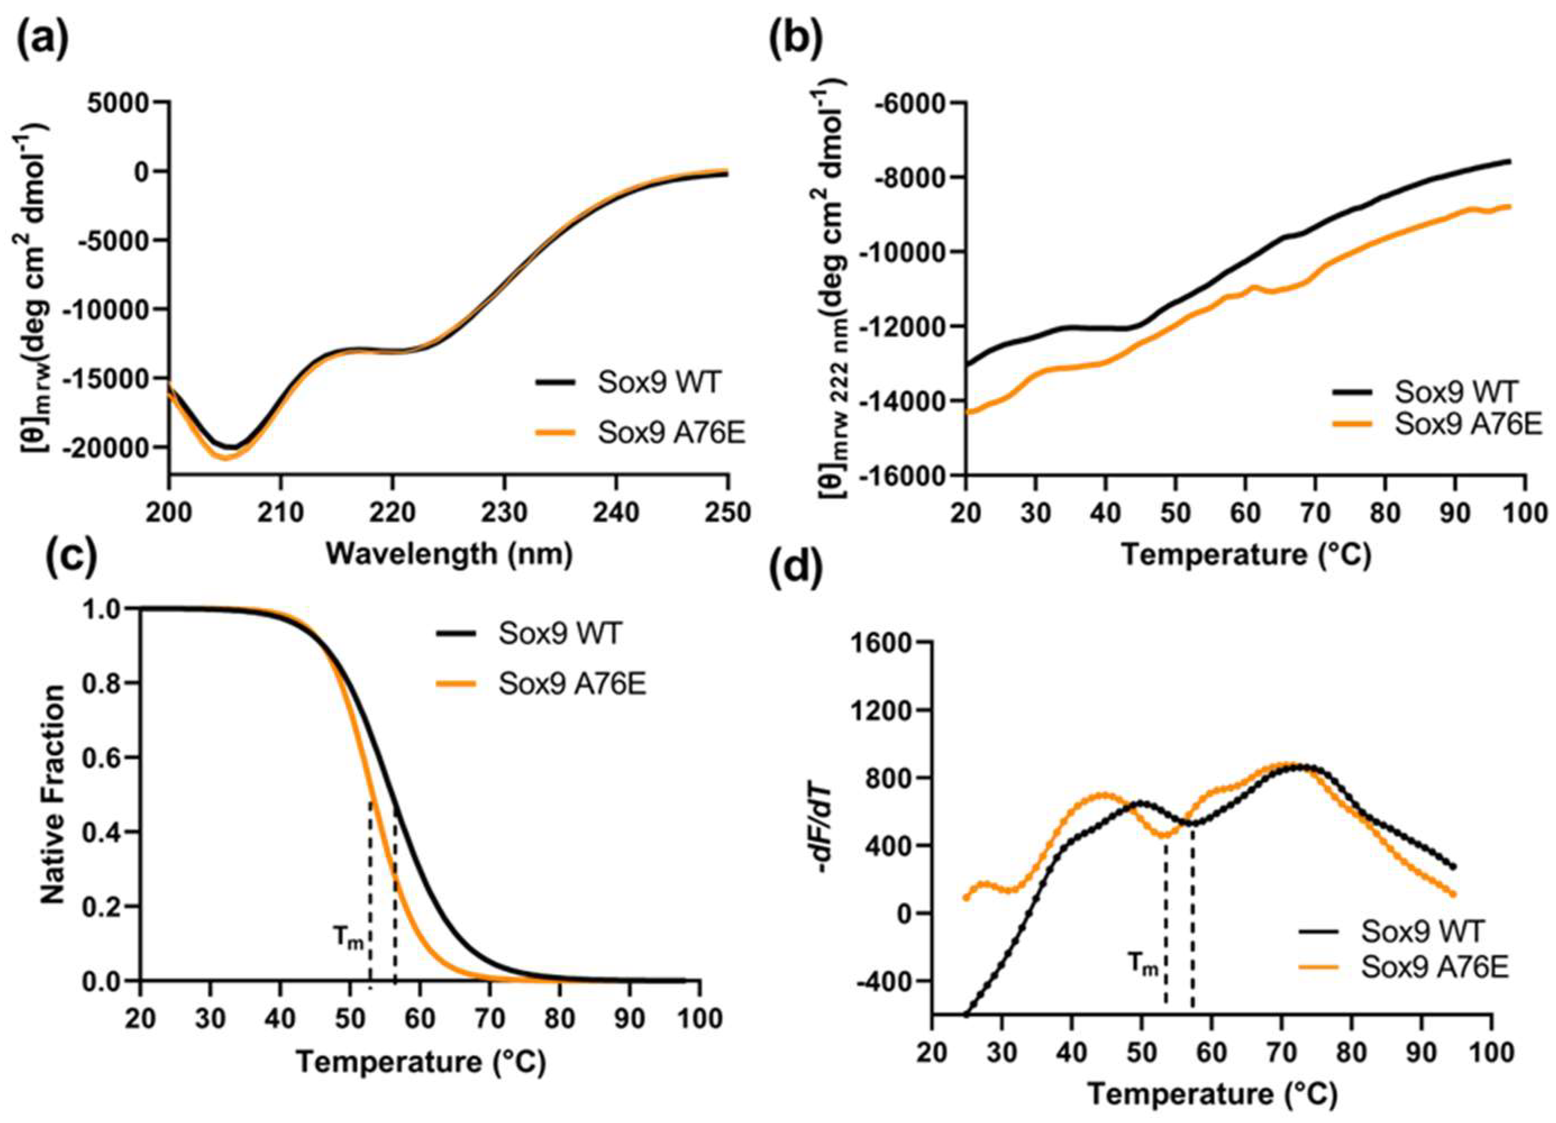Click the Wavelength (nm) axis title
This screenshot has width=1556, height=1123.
[x=449, y=553]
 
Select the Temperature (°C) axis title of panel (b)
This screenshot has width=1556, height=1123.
[x=1246, y=553]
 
